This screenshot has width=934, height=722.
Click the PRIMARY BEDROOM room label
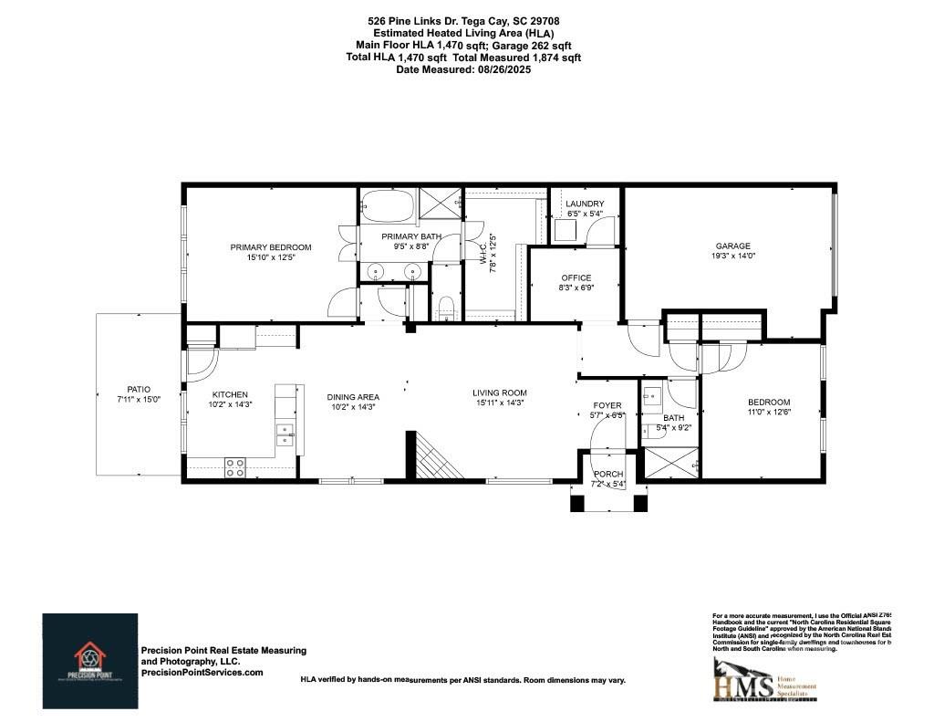(270, 247)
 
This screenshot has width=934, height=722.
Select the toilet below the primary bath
(446, 308)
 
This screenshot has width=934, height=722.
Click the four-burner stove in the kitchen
(234, 466)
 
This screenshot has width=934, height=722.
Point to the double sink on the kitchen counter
(285, 434)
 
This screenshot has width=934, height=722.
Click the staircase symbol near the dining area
(436, 455)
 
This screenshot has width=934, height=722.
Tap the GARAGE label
(732, 246)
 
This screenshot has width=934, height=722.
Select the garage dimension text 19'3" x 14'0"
(732, 256)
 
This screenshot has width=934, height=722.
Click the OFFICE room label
(576, 277)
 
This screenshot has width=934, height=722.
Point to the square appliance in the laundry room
(566, 230)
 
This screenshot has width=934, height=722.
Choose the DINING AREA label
(353, 397)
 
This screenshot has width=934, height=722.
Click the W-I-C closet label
(483, 253)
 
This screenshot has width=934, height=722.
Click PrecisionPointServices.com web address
(202, 672)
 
